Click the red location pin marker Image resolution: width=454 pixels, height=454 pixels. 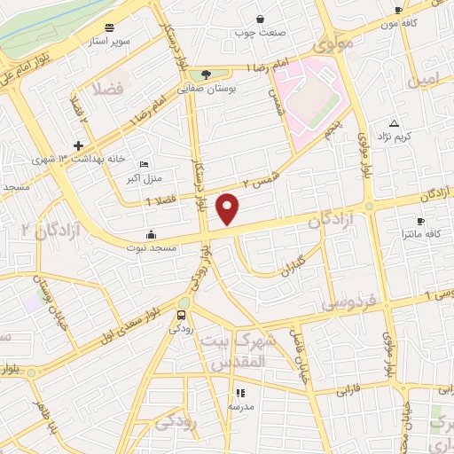click(x=229, y=208)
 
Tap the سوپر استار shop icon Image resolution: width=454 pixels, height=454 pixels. click(x=109, y=27)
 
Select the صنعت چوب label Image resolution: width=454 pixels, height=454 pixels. click(x=260, y=34)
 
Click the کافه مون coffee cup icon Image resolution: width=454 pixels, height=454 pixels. click(x=398, y=11)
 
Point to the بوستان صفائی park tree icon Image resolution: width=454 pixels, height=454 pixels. click(x=207, y=74)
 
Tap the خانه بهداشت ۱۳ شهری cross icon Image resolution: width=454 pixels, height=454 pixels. click(x=79, y=145)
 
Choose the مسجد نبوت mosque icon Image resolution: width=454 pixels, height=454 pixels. click(x=151, y=235)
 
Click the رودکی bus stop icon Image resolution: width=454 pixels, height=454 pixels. click(x=182, y=315)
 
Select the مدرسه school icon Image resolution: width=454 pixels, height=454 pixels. click(x=239, y=393)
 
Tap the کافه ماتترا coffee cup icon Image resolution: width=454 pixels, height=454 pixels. click(x=420, y=221)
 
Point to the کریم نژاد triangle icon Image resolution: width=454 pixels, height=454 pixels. click(x=394, y=123)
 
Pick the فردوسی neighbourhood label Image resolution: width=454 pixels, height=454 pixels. click(x=349, y=301)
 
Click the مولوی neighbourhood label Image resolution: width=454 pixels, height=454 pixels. click(x=333, y=42)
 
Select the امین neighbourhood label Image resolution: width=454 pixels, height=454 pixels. click(x=422, y=81)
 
